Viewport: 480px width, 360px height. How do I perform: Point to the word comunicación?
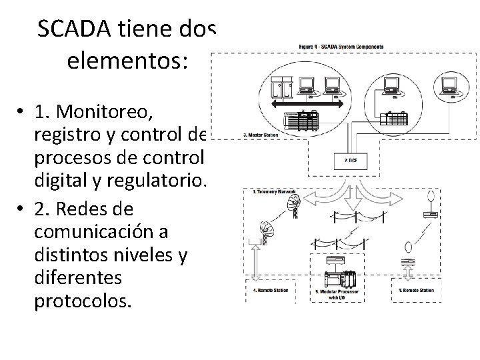(x=92, y=235)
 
